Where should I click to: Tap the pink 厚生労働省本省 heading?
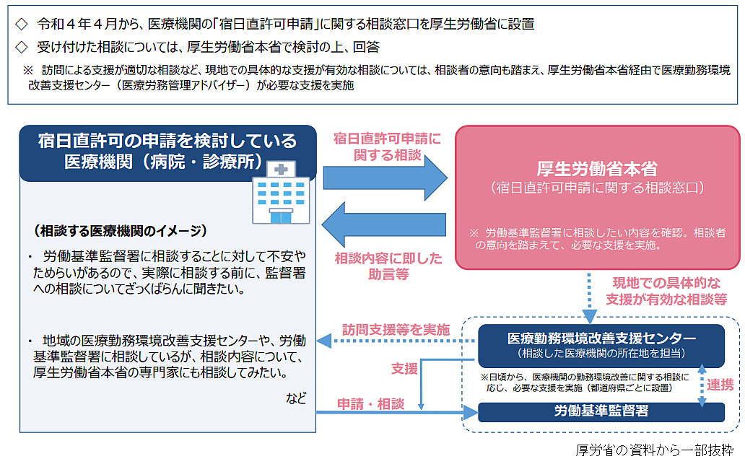click(x=598, y=169)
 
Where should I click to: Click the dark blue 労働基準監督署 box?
click(x=601, y=411)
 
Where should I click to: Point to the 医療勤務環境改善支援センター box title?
click(x=601, y=338)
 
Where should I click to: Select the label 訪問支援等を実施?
click(x=396, y=327)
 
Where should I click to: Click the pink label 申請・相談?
click(x=371, y=403)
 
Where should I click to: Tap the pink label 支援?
click(x=404, y=369)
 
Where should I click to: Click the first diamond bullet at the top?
click(x=21, y=24)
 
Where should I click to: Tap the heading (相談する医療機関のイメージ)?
click(x=121, y=231)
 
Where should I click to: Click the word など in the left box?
click(x=296, y=398)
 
